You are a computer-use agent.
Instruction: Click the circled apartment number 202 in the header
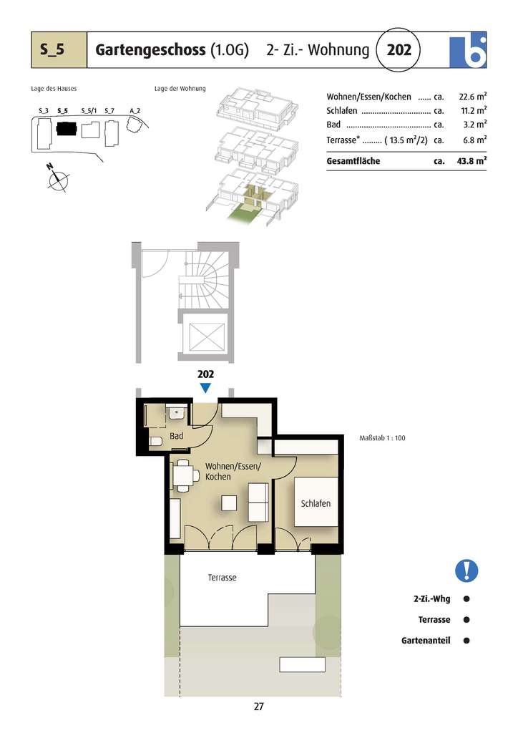399,50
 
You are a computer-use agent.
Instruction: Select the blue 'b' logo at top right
468,49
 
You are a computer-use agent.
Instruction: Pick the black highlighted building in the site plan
67,130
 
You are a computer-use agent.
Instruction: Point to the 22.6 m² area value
473,96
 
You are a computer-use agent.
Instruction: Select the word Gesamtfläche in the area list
353,161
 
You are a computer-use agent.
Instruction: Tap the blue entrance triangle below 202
205,388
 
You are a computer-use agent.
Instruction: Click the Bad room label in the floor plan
177,436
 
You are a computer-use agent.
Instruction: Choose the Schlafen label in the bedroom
316,503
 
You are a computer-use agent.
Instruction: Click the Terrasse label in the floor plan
222,577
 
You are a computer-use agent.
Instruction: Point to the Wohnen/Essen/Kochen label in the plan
233,471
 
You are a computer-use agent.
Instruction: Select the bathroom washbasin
176,412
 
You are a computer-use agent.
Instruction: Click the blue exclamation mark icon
466,571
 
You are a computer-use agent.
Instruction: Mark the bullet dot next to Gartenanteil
466,641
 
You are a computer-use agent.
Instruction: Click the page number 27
259,707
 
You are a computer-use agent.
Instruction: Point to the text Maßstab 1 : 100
382,438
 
